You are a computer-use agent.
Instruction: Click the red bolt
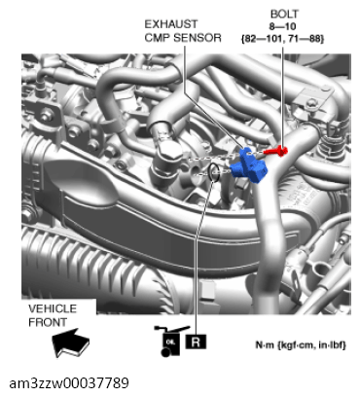277,150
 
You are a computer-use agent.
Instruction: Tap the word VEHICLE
52,308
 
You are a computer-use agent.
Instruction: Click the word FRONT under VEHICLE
51,320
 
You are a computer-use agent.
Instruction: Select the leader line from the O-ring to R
198,253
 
